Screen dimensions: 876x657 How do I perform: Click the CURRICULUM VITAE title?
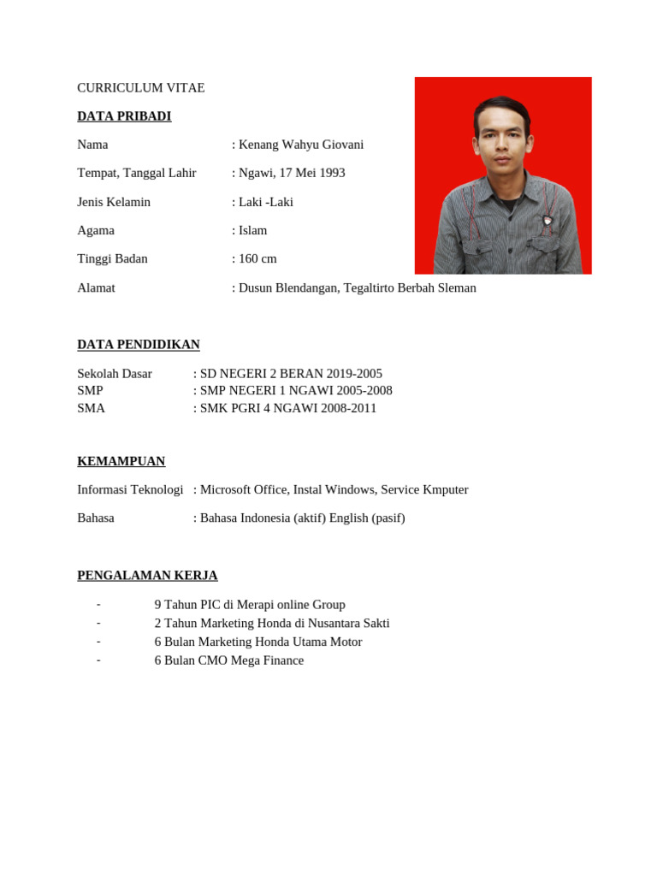tap(141, 88)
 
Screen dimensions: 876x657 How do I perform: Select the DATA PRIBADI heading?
tap(124, 116)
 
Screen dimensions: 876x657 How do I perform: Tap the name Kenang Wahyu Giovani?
tap(301, 145)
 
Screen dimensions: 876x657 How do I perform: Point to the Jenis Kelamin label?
tap(114, 202)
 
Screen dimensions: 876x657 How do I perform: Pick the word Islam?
tap(253, 230)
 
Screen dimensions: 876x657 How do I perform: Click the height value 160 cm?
tap(257, 258)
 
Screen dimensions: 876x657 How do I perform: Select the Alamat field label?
tap(96, 287)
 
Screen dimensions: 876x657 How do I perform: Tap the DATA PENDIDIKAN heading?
tap(139, 345)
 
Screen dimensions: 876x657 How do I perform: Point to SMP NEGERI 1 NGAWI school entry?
tap(268, 391)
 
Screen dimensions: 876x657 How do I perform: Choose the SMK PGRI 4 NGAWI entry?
tap(260, 408)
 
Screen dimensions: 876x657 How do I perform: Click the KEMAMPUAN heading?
tap(121, 461)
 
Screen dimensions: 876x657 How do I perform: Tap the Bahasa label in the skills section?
tap(96, 518)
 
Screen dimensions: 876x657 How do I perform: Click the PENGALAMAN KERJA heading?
tap(147, 575)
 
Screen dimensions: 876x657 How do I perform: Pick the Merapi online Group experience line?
tap(250, 604)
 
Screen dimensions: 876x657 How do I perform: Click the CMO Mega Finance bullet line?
tap(229, 660)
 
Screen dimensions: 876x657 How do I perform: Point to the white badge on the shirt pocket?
tap(547, 221)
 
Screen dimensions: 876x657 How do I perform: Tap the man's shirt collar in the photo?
tap(505, 181)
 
